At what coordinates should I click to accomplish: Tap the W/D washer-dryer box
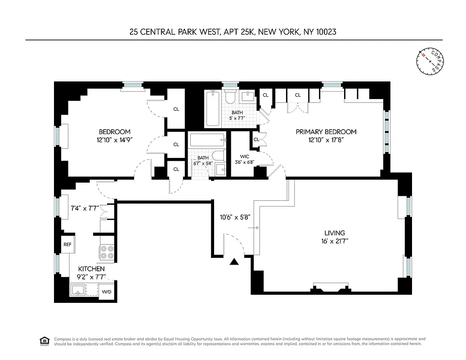pos(107,291)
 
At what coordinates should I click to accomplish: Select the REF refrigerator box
pos(67,245)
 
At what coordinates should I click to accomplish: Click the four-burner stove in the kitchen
pos(107,252)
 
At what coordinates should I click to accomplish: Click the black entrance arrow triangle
pos(233,262)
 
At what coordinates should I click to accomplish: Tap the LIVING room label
pos(335,233)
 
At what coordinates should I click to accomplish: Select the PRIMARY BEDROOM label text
pos(326,132)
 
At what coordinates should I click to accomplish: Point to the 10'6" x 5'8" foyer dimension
pos(235,216)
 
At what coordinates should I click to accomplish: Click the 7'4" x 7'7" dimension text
pos(84,208)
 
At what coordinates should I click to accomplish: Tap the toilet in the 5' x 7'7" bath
pos(231,98)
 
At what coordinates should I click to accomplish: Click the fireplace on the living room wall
pos(331,288)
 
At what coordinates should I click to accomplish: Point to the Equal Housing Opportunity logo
pos(45,341)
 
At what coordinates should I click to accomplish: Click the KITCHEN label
pos(91,269)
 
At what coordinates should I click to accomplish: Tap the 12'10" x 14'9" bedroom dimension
pos(115,140)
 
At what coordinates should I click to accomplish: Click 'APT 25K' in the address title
pos(236,31)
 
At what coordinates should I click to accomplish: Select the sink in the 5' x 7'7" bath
pos(247,96)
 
